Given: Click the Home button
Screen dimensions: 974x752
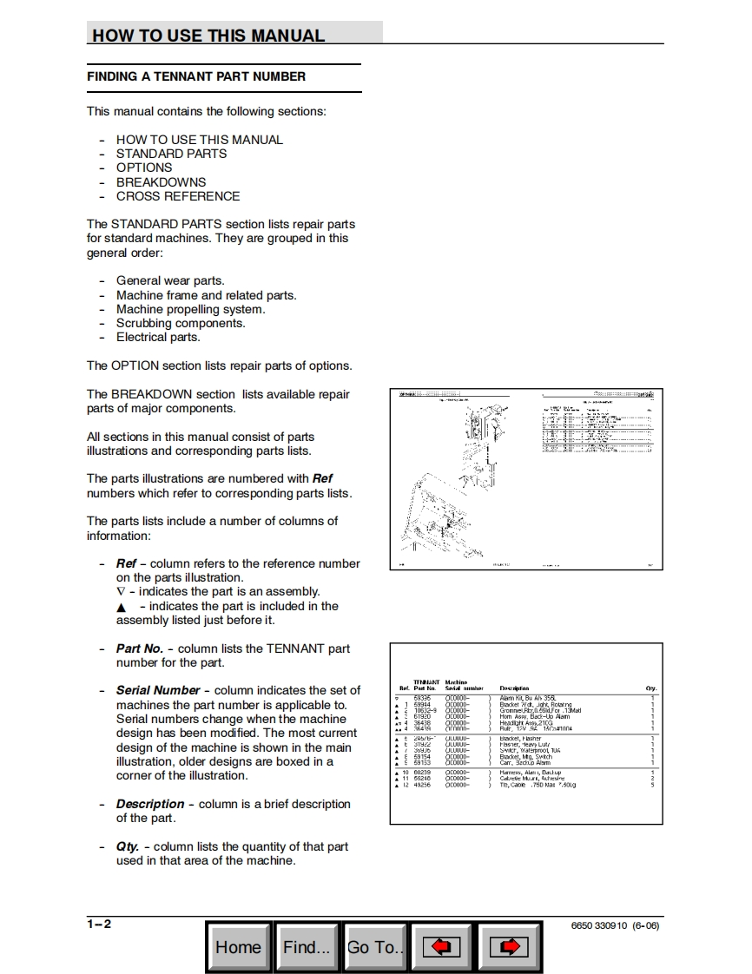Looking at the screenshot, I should coord(238,947).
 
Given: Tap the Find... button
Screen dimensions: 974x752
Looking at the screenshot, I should coord(306,947).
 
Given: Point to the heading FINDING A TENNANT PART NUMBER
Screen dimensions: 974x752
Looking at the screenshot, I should coord(196,76).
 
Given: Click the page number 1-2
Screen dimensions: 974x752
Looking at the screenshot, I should coord(99,924).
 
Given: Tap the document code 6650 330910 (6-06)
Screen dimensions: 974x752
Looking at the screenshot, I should coord(615,925).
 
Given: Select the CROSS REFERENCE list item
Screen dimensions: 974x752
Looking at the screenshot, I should coord(178,196).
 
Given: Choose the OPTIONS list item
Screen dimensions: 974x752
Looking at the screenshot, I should coord(144,168).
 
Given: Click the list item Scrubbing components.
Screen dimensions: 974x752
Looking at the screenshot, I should coord(181,323).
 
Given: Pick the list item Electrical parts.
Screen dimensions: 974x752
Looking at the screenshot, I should coord(158,337).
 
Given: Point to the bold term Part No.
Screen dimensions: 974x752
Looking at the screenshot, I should coord(140,648).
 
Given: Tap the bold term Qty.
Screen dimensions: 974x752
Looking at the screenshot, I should coord(128,846).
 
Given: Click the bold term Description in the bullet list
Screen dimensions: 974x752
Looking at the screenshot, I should coord(150,804).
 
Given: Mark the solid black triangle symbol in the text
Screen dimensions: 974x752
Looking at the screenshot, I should coord(122,607).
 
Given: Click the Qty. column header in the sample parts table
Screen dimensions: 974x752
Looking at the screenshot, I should coord(651,688).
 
